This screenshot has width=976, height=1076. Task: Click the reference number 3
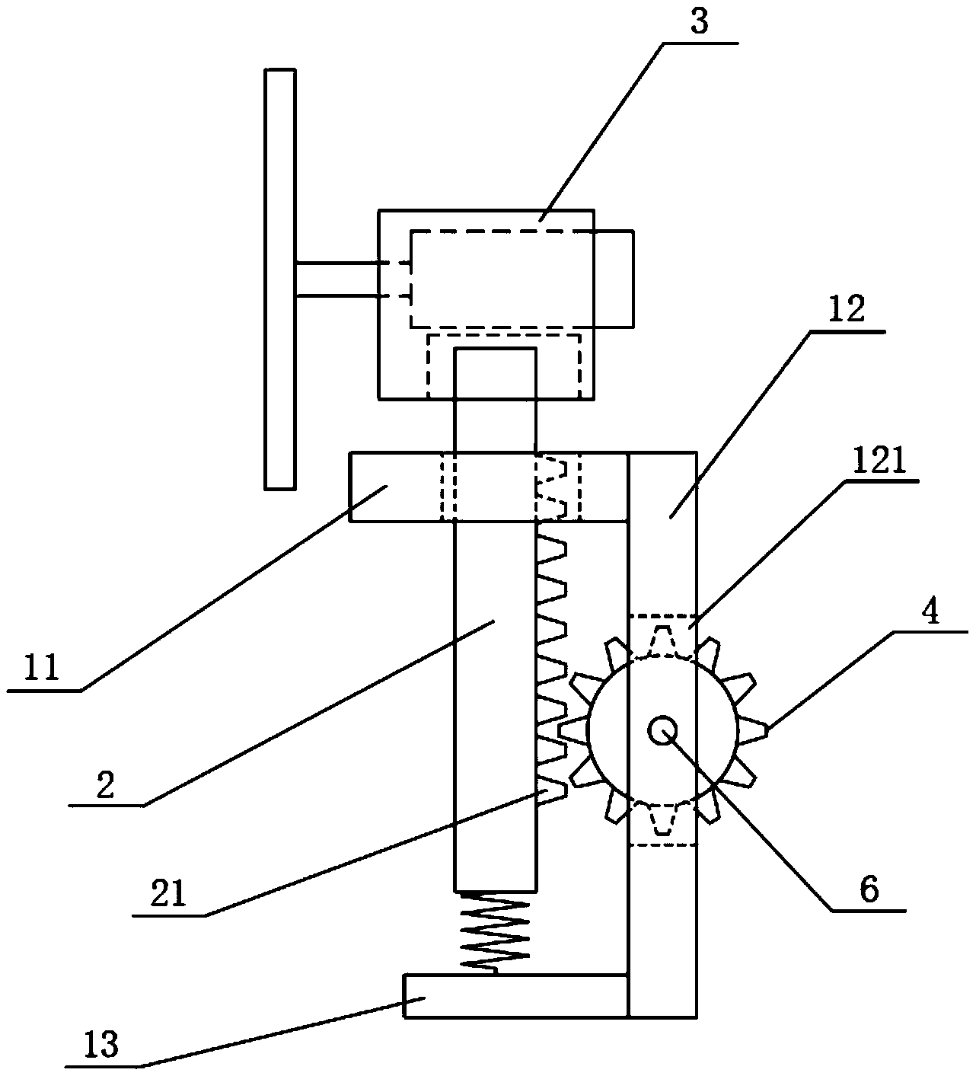click(700, 21)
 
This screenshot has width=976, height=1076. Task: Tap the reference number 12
click(847, 308)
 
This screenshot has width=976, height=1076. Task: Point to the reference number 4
click(930, 611)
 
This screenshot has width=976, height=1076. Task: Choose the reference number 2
click(105, 785)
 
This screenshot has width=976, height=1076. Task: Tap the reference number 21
click(167, 894)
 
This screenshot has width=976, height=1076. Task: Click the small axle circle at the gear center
click(663, 730)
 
